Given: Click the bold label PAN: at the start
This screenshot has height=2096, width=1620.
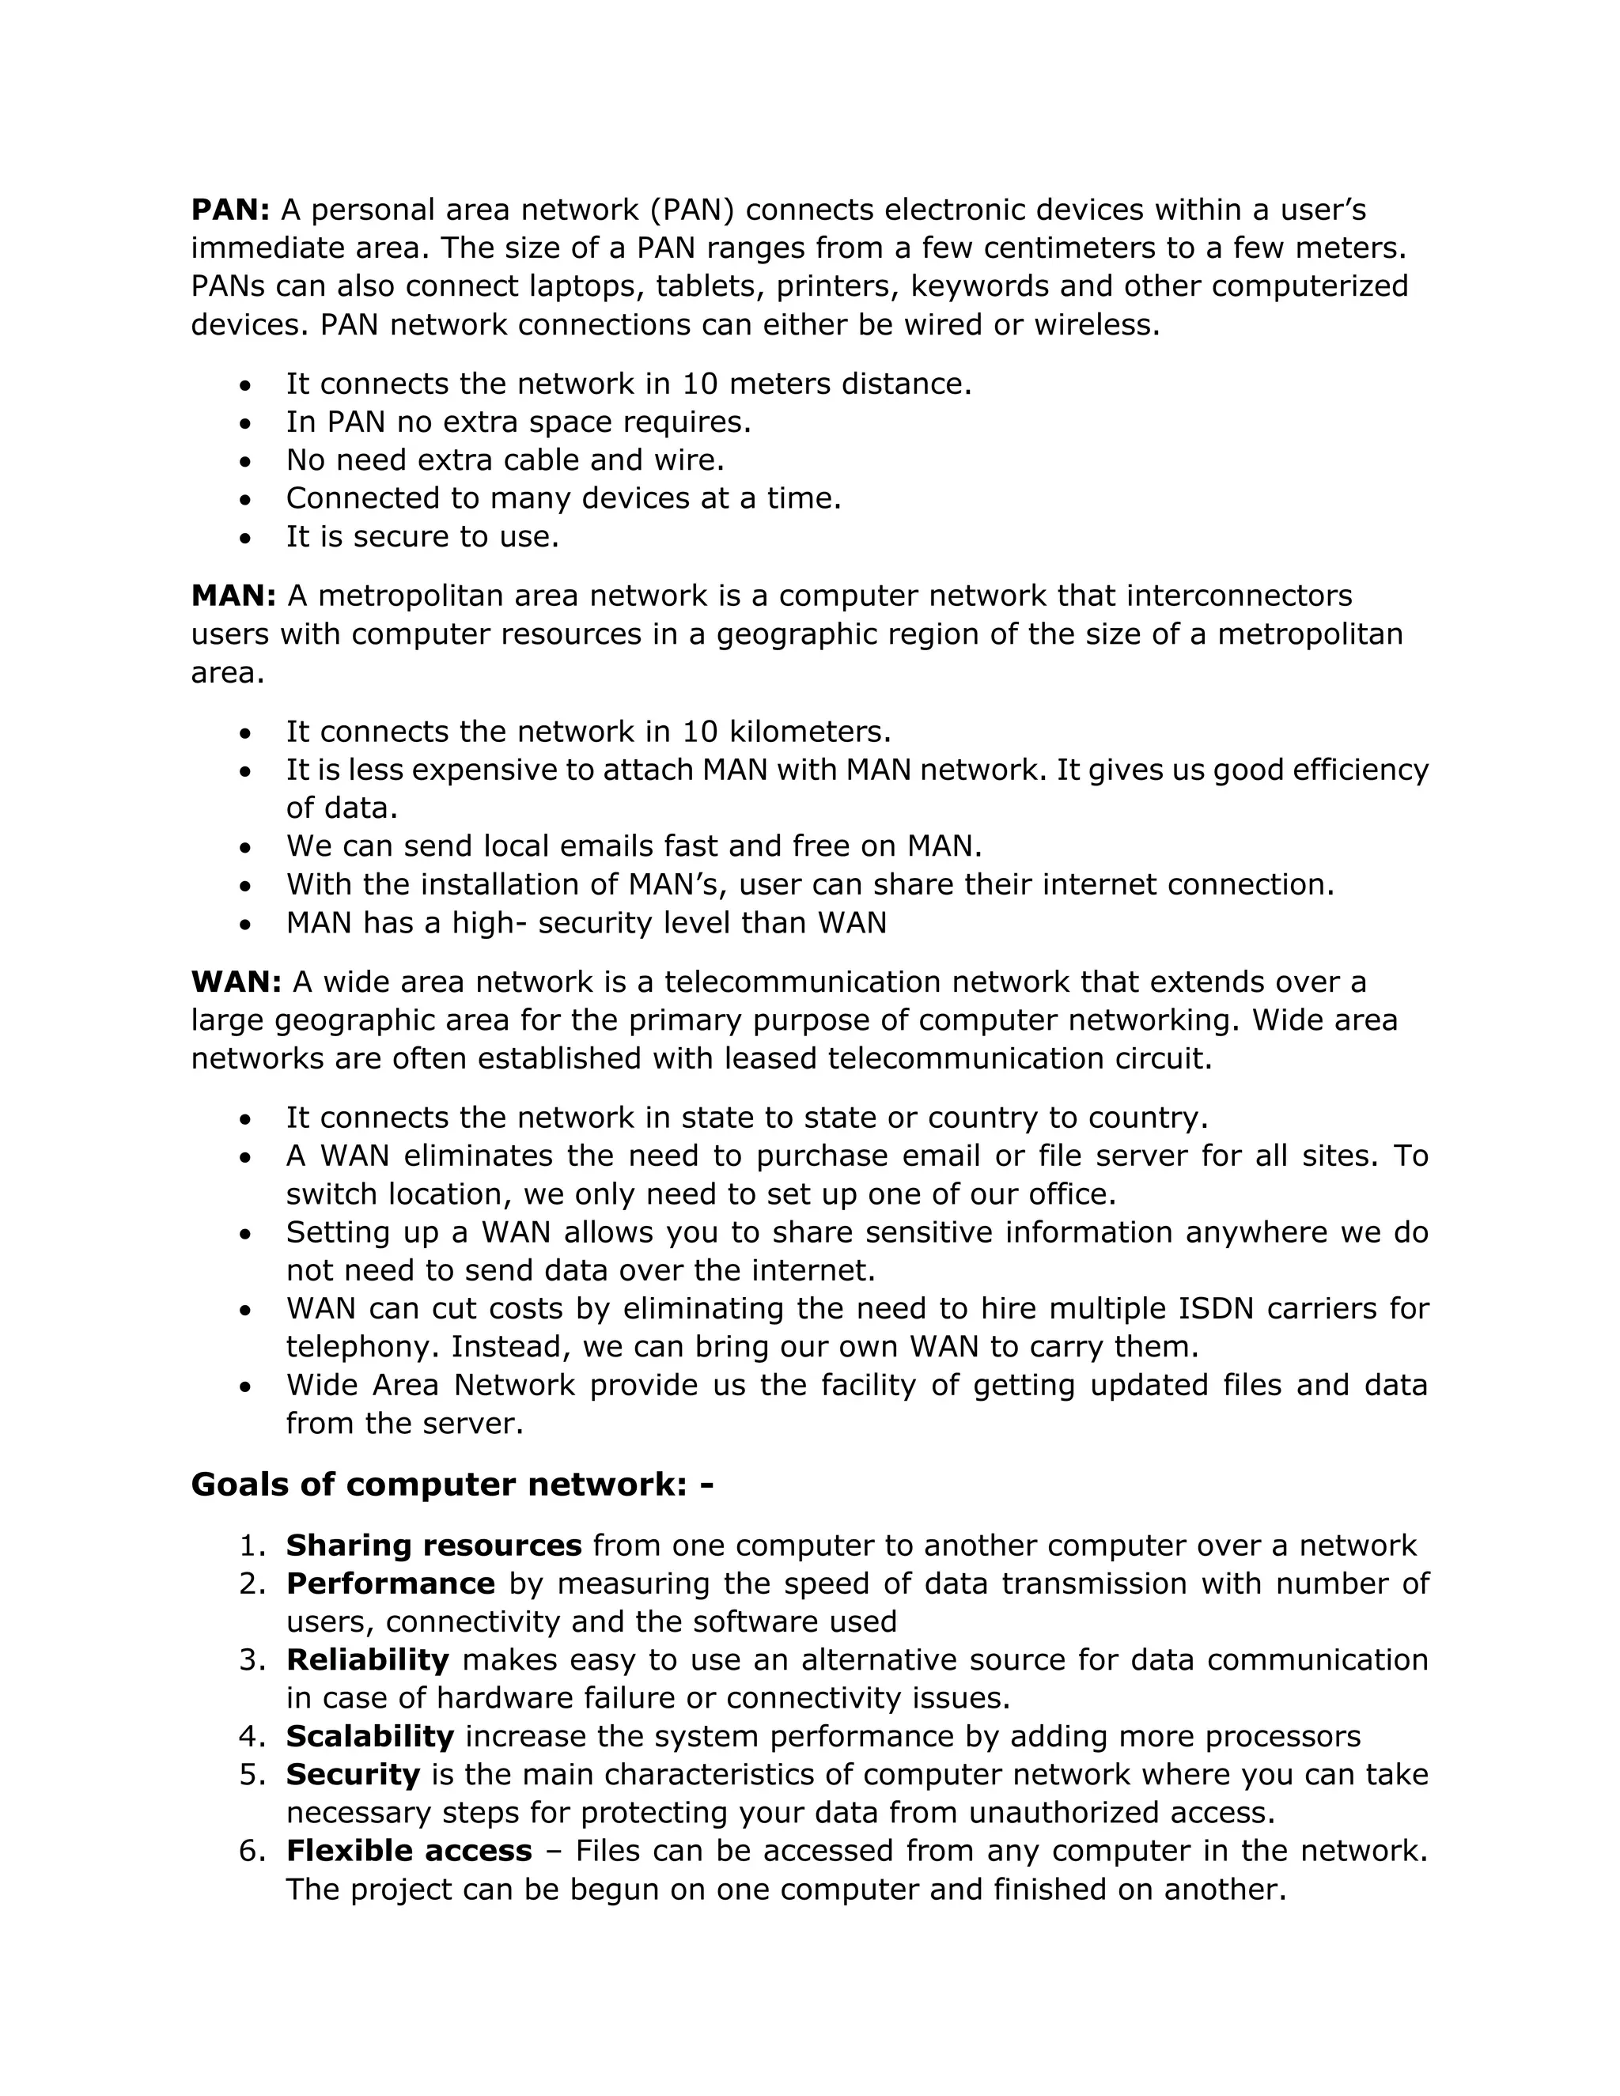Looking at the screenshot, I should [230, 210].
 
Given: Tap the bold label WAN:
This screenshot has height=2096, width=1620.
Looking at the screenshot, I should [236, 982].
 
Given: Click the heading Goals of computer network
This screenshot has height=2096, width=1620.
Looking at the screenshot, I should [451, 1485].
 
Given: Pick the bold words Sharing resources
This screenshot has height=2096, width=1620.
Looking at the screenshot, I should [433, 1546].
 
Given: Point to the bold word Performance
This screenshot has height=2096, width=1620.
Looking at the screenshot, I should [390, 1583].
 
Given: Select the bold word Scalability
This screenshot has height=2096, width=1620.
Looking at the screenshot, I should [369, 1736].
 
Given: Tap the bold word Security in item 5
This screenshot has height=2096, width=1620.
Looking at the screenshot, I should [352, 1775].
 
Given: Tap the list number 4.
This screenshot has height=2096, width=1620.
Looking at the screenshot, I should [252, 1736].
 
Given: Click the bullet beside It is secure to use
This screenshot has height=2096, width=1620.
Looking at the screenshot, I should [247, 537].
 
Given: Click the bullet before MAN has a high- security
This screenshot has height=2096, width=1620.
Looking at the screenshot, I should [247, 924].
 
